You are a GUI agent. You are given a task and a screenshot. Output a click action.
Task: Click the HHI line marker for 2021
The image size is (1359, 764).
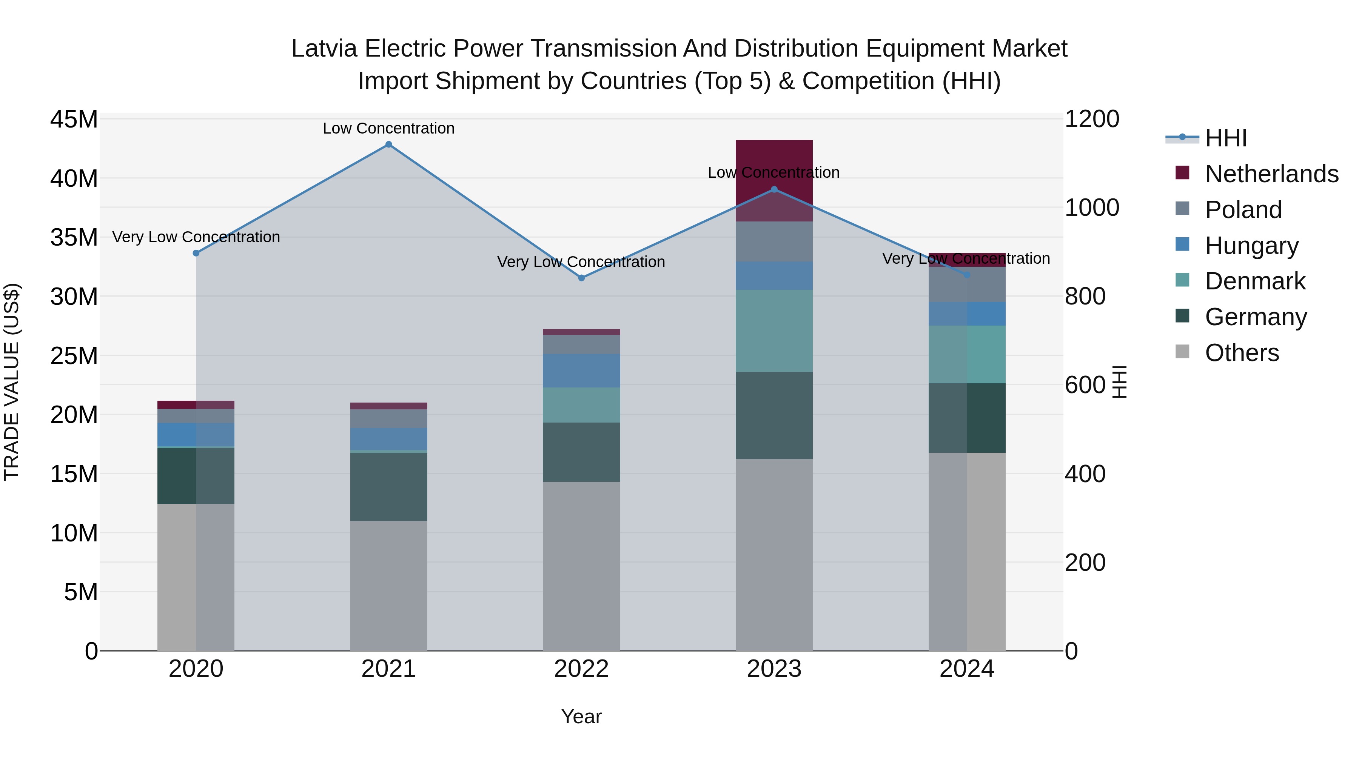(x=388, y=144)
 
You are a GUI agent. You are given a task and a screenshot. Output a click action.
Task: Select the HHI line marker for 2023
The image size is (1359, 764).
(x=774, y=189)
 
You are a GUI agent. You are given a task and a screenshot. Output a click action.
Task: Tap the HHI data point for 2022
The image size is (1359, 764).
(x=581, y=278)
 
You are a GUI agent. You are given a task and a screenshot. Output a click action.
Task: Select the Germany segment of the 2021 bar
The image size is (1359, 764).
(x=388, y=487)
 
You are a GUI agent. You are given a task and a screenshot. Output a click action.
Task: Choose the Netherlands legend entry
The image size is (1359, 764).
(x=1271, y=174)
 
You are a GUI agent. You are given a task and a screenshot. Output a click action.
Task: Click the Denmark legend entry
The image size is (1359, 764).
(x=1254, y=281)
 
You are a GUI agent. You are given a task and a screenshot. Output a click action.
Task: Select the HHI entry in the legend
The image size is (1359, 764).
(x=1225, y=138)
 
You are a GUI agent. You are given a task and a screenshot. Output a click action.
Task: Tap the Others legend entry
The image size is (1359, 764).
(x=1241, y=353)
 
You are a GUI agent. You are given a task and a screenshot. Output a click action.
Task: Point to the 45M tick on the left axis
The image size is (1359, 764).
(x=74, y=120)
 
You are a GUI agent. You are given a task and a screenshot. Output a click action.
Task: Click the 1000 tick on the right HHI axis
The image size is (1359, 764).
(x=1091, y=208)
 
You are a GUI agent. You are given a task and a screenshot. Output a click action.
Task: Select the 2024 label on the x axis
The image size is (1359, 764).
(x=966, y=669)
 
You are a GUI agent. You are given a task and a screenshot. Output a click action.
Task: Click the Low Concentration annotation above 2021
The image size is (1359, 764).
(x=388, y=128)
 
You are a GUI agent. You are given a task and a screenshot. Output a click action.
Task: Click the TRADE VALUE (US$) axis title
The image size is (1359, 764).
(x=12, y=382)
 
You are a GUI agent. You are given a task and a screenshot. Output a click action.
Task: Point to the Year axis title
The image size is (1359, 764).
(x=581, y=716)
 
